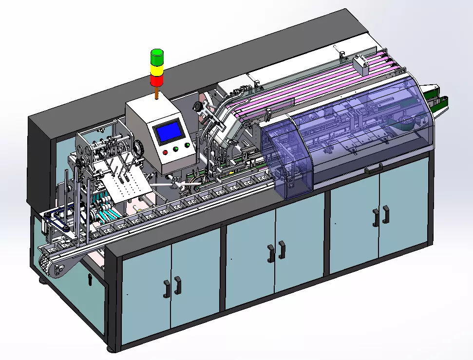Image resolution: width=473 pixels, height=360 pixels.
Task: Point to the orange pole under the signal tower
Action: (157, 93)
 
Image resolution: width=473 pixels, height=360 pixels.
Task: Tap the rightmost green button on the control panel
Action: (187, 145)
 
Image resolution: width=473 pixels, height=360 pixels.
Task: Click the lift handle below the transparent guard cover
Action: (373, 169)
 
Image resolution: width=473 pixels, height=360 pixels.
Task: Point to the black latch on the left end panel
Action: (90, 279)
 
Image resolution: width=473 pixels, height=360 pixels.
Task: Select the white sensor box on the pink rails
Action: (361, 64)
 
